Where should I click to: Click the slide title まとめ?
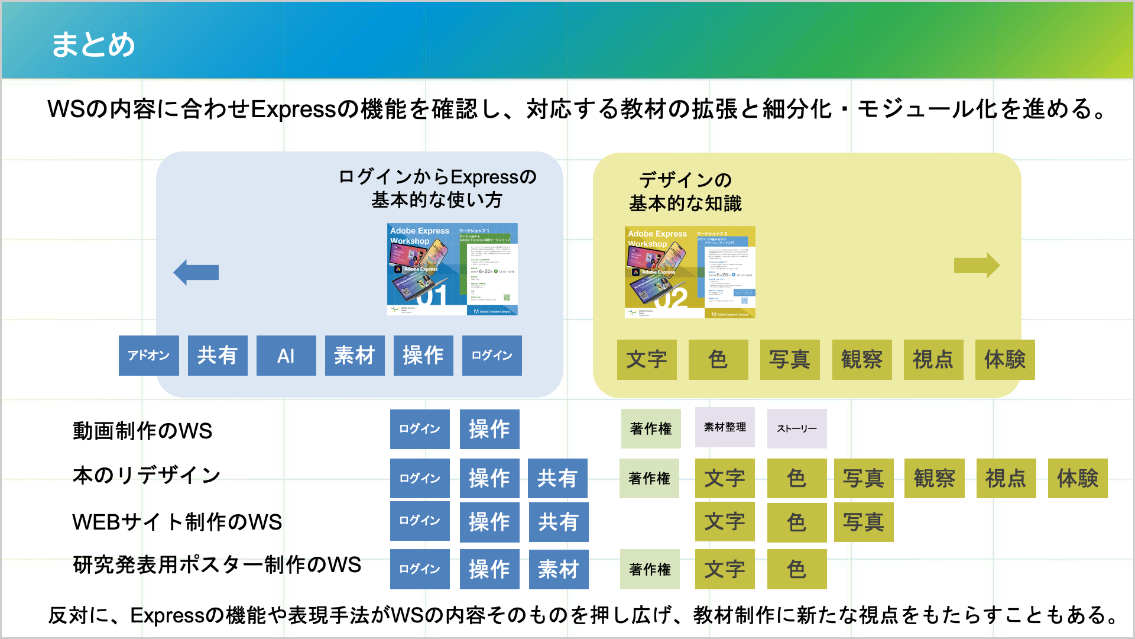[x=93, y=44]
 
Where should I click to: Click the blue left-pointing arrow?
[x=196, y=272]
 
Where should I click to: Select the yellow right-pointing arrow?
[x=977, y=265]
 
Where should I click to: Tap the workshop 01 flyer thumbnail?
[x=452, y=269]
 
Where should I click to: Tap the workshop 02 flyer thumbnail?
[x=690, y=272]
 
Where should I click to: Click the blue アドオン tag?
[x=148, y=356]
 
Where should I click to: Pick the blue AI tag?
[x=286, y=356]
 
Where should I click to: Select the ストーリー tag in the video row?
[x=797, y=428]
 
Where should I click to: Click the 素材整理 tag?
[x=725, y=427]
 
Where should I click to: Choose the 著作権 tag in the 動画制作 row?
[x=651, y=428]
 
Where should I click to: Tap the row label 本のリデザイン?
[x=147, y=475]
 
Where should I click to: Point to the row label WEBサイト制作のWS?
[x=177, y=522]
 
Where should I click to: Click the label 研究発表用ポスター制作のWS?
[x=216, y=564]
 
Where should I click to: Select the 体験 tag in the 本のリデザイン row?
[x=1078, y=478]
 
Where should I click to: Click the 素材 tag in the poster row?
[x=559, y=569]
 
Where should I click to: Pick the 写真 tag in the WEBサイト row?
[x=864, y=522]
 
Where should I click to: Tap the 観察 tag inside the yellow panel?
[x=862, y=360]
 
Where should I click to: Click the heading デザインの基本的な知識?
[x=685, y=191]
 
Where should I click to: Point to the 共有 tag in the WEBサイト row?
[x=559, y=522]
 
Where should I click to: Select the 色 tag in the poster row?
[x=797, y=569]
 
